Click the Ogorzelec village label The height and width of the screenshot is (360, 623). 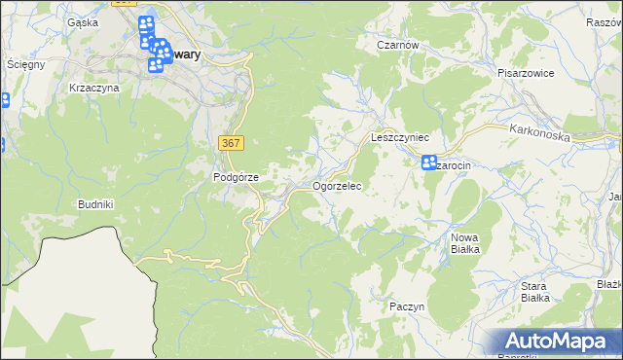click(x=337, y=185)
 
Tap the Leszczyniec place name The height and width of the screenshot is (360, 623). click(x=400, y=138)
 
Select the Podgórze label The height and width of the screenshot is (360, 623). click(x=236, y=177)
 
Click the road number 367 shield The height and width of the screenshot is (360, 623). click(x=231, y=143)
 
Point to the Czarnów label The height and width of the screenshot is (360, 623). click(x=397, y=45)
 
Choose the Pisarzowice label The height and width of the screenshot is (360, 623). click(x=525, y=72)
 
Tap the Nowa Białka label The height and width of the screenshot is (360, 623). click(x=465, y=243)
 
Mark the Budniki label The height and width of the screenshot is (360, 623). click(x=96, y=204)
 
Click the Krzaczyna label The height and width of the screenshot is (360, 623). click(x=94, y=88)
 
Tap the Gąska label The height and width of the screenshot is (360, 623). click(x=83, y=21)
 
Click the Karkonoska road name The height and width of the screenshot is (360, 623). click(x=538, y=133)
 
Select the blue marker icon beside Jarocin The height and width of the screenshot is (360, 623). click(x=429, y=163)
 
